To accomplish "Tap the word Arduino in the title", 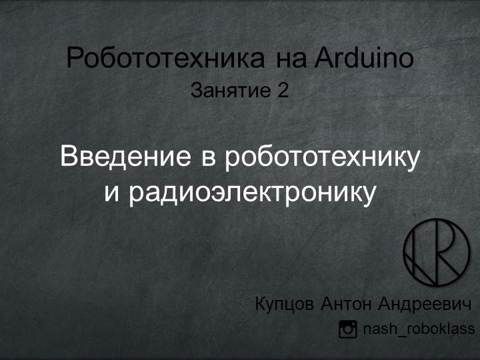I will (365, 59).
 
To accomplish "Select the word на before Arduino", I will (291, 59).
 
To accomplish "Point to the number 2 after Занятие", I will (283, 91).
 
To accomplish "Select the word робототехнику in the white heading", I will (323, 158).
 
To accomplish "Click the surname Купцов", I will (285, 305).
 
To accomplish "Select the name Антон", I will (346, 304).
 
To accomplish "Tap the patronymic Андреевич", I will (425, 304).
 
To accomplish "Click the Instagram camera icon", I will (348, 329).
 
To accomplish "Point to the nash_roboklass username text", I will (418, 329).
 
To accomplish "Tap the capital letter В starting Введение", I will (68, 158).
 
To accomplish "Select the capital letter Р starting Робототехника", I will (75, 59).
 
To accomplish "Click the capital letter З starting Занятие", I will (196, 91).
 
